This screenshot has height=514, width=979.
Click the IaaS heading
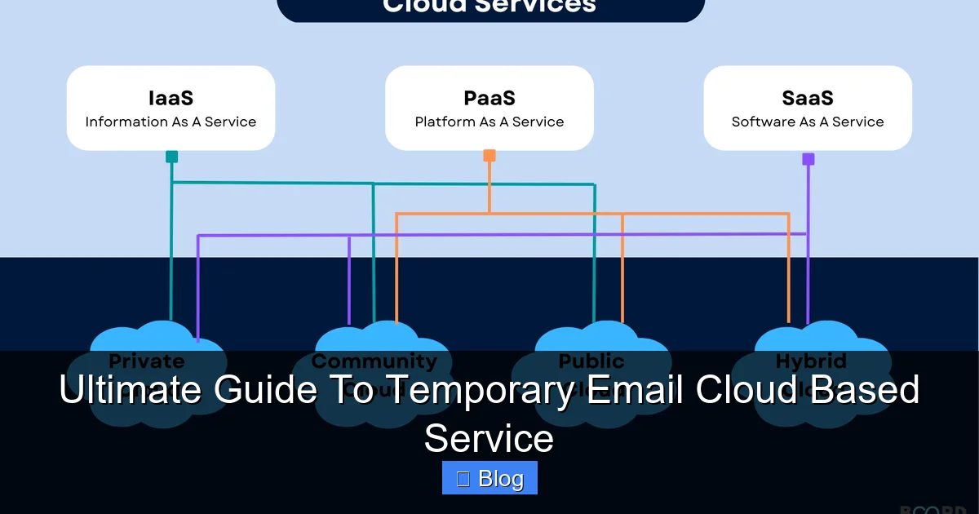coord(171,98)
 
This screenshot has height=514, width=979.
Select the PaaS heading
coord(489,98)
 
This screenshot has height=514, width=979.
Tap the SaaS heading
coord(808,98)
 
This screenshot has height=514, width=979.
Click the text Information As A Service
coord(171,122)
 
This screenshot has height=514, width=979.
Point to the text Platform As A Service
coord(489,122)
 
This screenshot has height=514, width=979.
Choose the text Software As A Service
coord(808,122)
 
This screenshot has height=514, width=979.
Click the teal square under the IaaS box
coord(171,157)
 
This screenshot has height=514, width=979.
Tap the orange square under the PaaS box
coord(489,155)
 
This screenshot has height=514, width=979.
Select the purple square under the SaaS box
coord(808,159)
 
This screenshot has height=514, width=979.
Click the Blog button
coord(489,478)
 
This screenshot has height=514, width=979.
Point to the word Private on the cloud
coord(147,361)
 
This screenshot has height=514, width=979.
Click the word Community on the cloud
coord(374,361)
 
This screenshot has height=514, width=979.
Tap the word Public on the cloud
coord(591,361)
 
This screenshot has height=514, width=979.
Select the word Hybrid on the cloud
coord(811,361)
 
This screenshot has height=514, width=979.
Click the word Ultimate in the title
coord(131,391)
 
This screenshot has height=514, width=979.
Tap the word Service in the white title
coord(489,438)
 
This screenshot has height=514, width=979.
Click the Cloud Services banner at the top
coord(489,8)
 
